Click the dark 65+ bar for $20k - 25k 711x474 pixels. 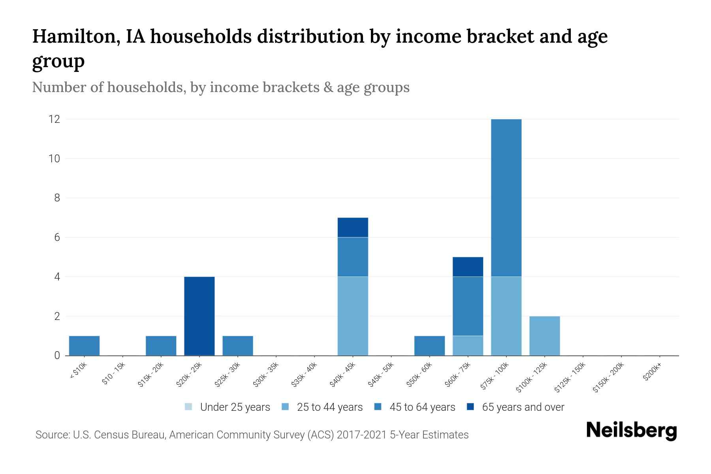199,316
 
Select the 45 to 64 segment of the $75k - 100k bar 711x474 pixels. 506,197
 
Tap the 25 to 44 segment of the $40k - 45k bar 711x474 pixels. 353,316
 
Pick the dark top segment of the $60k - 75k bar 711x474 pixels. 468,267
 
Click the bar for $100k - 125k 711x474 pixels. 544,336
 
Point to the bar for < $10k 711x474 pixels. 84,346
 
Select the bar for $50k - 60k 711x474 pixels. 429,346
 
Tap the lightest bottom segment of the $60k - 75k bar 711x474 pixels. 468,346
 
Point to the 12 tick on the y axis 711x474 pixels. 55,119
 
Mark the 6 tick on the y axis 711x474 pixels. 57,237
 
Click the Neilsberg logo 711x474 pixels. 631,431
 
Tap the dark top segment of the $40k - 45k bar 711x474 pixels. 353,228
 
